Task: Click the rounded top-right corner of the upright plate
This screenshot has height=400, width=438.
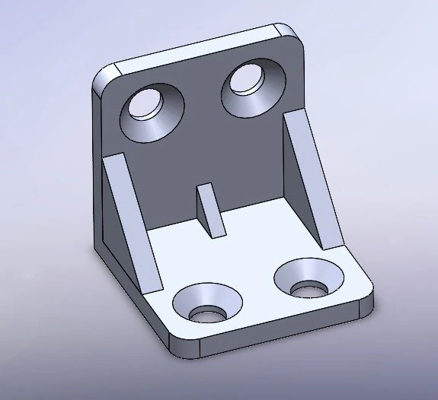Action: point(288,30)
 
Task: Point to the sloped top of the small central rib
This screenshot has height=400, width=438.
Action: point(212,208)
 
